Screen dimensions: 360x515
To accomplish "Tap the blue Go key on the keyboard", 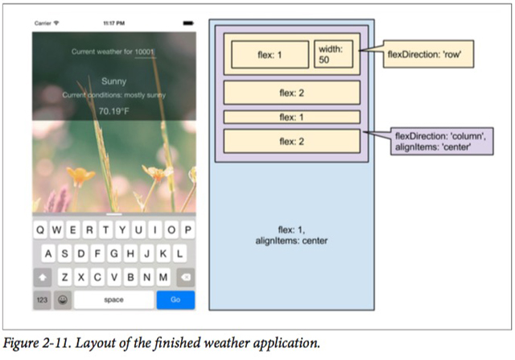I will click(175, 300).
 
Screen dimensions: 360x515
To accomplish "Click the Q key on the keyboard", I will click(42, 230).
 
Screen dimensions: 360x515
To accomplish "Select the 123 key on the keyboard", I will click(42, 300).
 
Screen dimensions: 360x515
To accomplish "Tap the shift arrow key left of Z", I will click(43, 277).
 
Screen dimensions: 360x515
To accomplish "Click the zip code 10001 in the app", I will click(145, 52).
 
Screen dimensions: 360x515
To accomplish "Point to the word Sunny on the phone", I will click(114, 81).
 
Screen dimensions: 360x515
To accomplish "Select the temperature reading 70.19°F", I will click(114, 110).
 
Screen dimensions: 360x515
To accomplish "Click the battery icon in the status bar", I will click(187, 23).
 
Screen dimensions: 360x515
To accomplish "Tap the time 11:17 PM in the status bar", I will click(114, 23).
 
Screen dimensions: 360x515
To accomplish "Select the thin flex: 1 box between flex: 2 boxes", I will click(291, 117).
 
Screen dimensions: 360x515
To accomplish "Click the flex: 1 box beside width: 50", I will click(270, 56).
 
